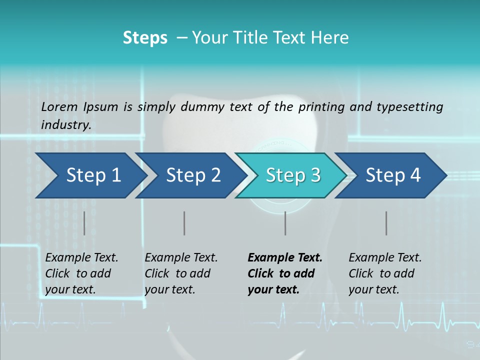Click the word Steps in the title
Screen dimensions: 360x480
click(145, 38)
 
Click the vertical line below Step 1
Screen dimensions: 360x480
click(84, 223)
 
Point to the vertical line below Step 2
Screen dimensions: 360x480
click(184, 223)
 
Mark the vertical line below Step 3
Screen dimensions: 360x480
click(285, 223)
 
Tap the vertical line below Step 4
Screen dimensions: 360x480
click(386, 223)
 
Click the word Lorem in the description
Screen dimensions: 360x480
click(59, 107)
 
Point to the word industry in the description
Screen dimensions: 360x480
click(66, 125)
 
